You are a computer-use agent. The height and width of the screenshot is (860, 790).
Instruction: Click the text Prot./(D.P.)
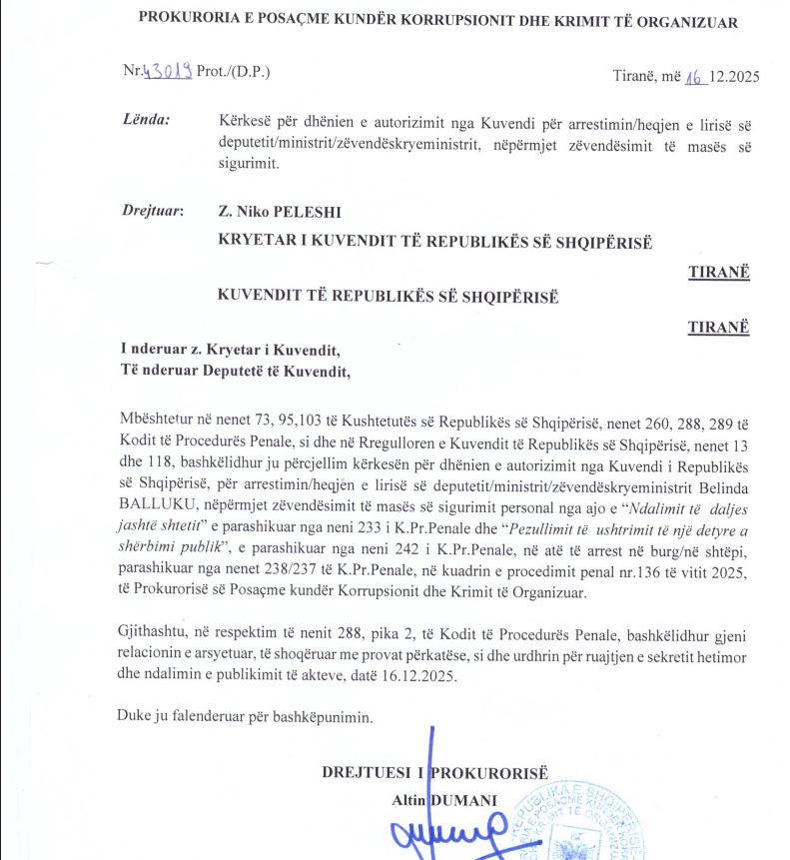point(234,72)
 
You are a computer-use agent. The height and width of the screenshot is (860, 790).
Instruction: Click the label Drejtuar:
point(150,211)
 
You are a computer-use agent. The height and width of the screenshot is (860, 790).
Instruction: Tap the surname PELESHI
point(300,211)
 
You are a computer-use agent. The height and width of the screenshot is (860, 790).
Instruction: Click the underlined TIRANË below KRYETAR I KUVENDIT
point(718,273)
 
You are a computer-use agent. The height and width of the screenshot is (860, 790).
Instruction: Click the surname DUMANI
point(463,801)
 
